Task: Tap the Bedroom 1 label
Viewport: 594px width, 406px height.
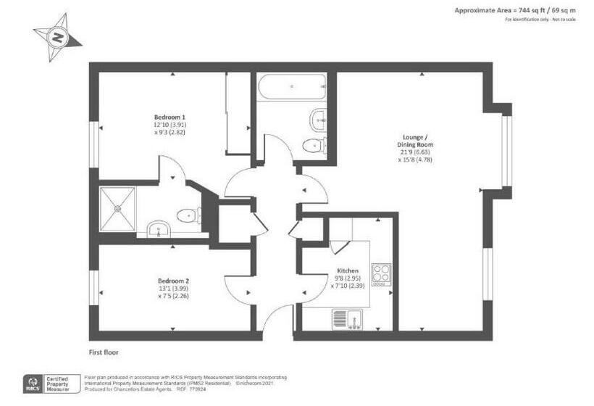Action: [x=170, y=117]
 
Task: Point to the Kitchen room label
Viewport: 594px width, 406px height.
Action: [x=347, y=270]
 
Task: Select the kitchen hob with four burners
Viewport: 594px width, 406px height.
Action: [x=381, y=273]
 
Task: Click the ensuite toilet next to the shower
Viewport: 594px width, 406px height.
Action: [x=188, y=215]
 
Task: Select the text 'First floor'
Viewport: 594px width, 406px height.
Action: [x=104, y=352]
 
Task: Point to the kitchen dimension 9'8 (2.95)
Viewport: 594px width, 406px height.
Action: [x=347, y=278]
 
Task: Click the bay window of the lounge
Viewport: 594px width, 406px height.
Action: [x=506, y=149]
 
